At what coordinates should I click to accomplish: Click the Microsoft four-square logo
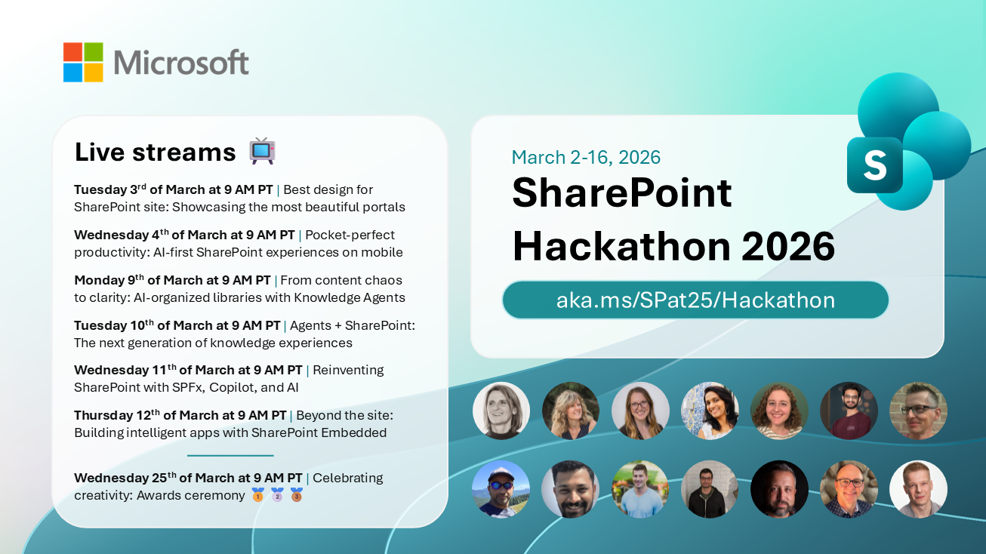[83, 62]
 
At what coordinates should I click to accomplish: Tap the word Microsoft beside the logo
[181, 63]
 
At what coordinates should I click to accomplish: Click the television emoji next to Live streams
[262, 151]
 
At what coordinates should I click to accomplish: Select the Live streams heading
[155, 152]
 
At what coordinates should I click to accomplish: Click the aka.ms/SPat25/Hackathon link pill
[695, 300]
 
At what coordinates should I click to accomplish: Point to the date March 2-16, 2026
[586, 157]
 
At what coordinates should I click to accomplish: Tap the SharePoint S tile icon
[874, 165]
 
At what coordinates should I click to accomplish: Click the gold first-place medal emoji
[258, 494]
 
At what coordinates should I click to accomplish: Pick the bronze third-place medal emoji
[297, 494]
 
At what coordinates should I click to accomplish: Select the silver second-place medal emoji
[277, 494]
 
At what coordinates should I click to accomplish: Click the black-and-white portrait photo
[501, 411]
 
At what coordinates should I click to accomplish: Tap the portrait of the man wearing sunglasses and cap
[501, 489]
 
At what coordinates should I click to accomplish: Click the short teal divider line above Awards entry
[230, 455]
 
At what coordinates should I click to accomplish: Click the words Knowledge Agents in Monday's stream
[350, 298]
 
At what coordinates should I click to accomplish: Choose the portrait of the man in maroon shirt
[849, 411]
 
